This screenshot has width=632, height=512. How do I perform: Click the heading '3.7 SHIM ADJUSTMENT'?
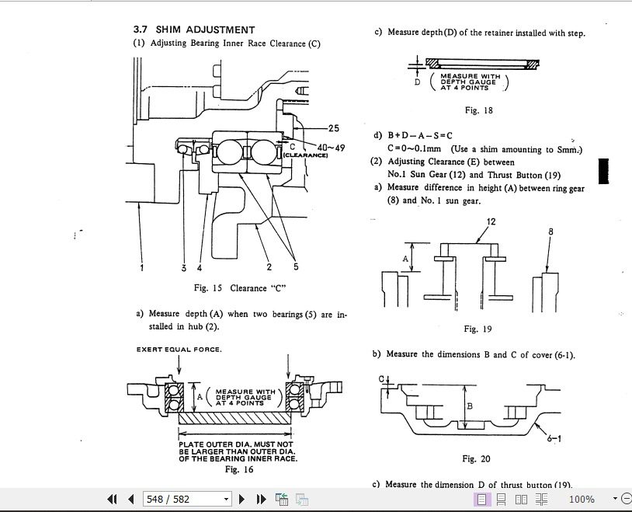point(194,30)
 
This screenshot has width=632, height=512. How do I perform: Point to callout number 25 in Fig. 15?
point(333,128)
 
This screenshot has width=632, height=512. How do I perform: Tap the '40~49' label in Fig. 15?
point(331,148)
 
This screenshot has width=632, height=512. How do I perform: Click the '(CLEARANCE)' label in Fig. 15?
point(305,155)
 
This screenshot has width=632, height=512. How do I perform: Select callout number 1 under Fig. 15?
point(142,268)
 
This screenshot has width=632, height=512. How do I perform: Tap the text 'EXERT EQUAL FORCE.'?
point(179,350)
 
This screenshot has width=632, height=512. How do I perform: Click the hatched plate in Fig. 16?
point(234,418)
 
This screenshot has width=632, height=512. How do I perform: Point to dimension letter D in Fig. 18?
point(417,81)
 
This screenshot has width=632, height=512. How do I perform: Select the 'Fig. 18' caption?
point(478,110)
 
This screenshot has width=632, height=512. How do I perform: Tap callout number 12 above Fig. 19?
point(491,222)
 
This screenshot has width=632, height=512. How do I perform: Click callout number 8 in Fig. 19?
point(550,232)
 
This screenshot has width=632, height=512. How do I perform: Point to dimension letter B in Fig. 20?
point(470,406)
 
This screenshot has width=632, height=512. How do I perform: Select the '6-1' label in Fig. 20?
point(554,439)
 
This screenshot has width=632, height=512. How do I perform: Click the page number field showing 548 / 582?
point(185,499)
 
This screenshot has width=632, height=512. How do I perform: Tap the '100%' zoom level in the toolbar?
point(582,499)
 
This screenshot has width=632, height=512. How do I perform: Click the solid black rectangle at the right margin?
point(603,171)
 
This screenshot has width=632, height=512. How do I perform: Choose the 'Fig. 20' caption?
point(476,459)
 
